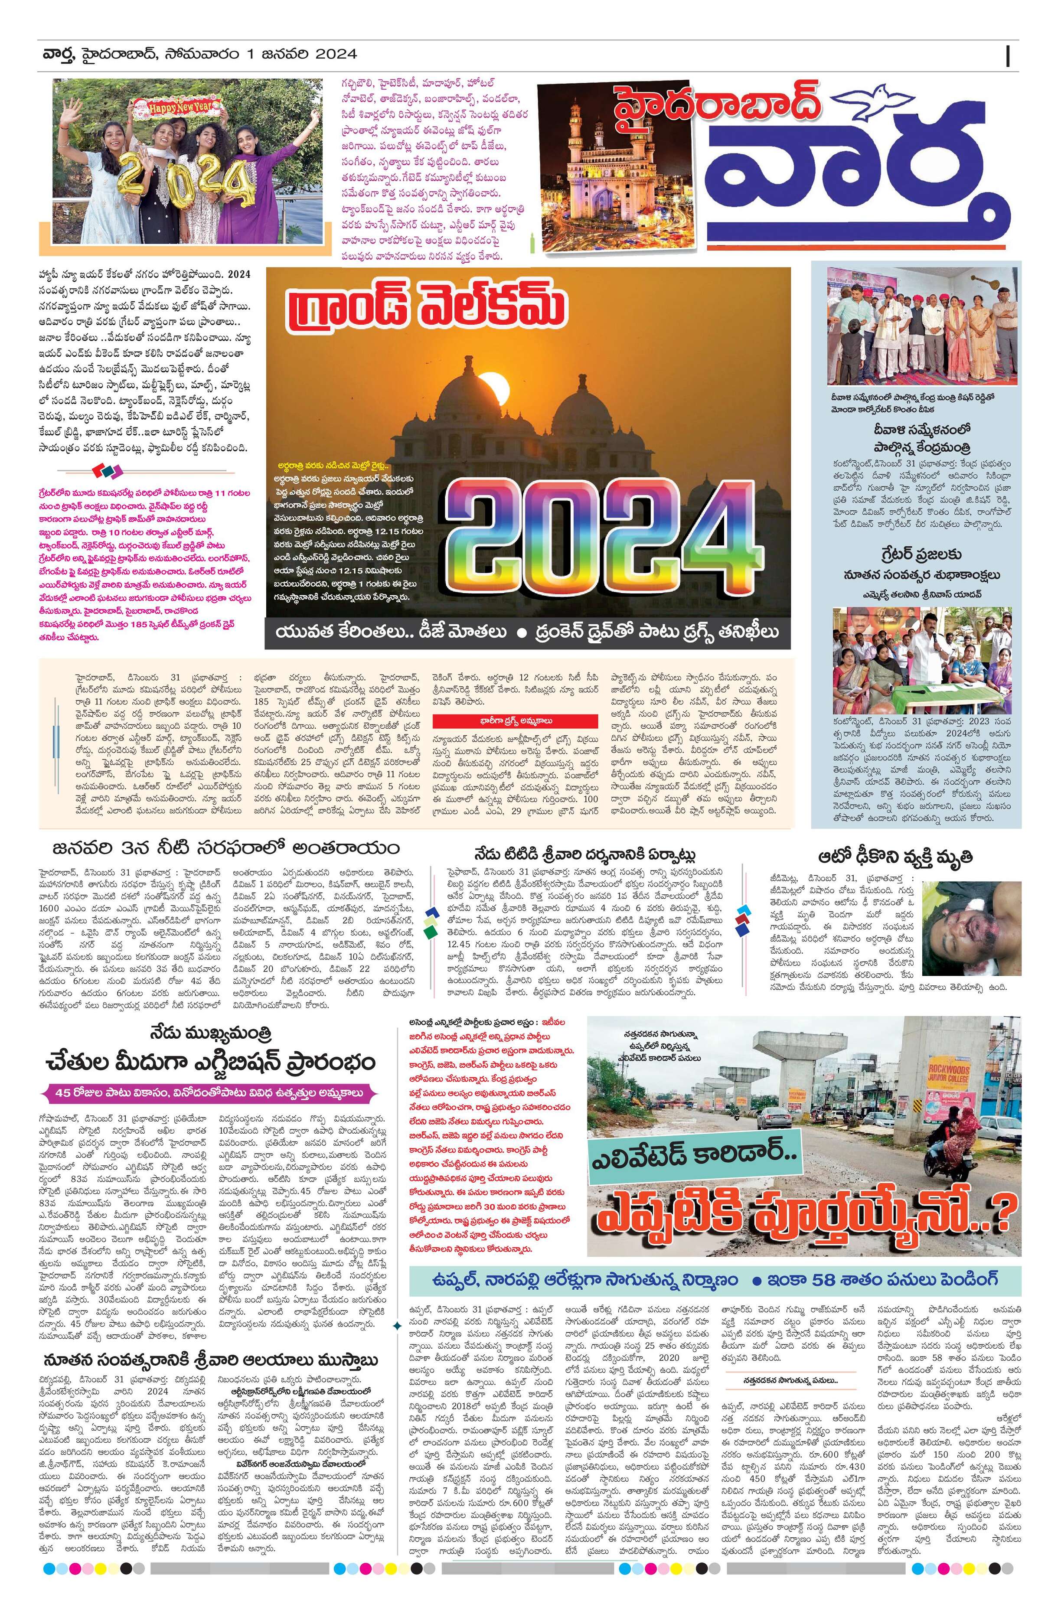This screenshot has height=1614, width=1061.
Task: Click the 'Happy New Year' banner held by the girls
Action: pyautogui.click(x=177, y=107)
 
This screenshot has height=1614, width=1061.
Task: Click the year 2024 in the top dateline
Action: pyautogui.click(x=335, y=54)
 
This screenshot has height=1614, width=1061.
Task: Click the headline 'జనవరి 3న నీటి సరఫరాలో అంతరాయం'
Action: pyautogui.click(x=227, y=848)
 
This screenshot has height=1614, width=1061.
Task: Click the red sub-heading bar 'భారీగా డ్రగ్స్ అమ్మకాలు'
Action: pyautogui.click(x=521, y=721)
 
